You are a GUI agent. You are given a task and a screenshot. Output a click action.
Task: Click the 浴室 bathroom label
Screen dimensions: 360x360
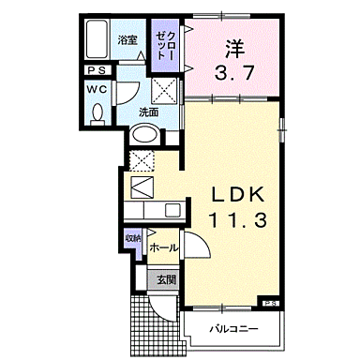pos(127,41)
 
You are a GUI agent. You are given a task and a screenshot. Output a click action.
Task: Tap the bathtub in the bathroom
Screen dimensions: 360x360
pos(97,42)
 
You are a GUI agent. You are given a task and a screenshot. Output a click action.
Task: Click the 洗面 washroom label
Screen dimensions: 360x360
pos(148,112)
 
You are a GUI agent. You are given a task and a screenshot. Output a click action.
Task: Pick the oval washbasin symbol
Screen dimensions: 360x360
pos(144,134)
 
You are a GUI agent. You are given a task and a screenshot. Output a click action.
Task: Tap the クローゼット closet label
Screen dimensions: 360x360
pos(165,43)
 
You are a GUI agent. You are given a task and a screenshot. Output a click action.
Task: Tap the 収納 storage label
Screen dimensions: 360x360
pos(132,238)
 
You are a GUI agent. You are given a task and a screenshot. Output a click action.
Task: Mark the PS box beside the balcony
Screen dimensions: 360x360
pos(270,304)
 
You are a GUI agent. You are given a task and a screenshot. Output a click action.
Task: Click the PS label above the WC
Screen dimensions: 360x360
pos(97,69)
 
